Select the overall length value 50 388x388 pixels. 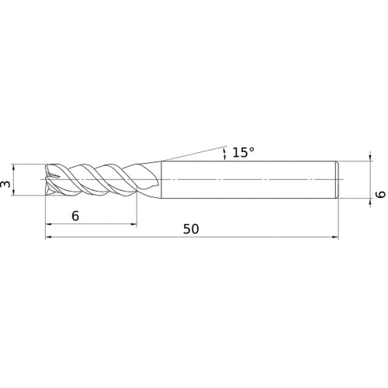[192, 229]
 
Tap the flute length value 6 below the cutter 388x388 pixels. [74, 217]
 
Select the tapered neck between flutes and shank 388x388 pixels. [151, 180]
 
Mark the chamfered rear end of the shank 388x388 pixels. [336, 180]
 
